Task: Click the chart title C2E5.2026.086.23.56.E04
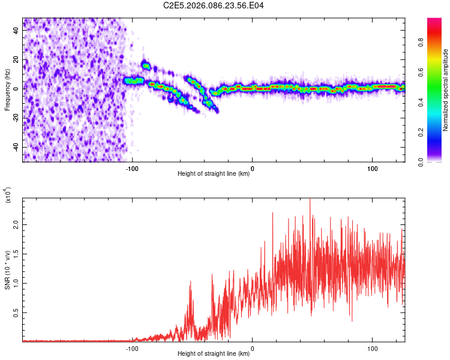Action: tap(214, 5)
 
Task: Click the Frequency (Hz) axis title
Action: tap(7, 90)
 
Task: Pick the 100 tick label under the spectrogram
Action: tap(372, 168)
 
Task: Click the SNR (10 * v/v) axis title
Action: tap(7, 270)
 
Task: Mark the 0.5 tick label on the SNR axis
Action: tap(16, 313)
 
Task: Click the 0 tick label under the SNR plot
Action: tap(252, 348)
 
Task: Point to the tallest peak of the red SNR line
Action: tap(310, 200)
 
